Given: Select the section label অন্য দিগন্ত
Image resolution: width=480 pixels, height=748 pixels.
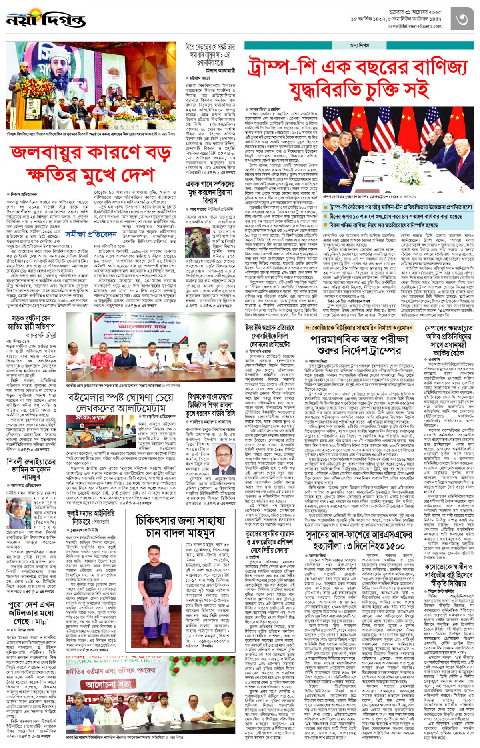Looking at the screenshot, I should (359, 45).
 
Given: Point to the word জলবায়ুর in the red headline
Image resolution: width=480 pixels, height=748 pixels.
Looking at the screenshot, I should (48, 153).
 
